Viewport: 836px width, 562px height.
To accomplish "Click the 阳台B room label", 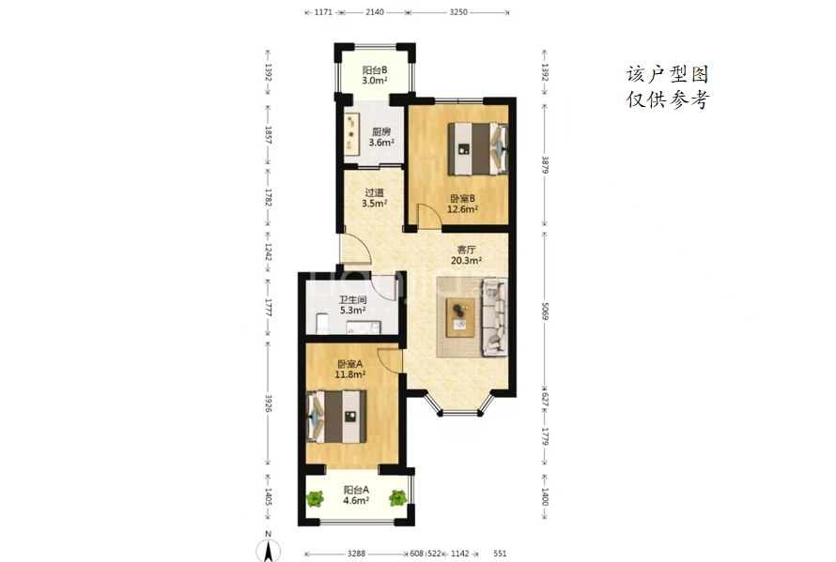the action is point(374,75).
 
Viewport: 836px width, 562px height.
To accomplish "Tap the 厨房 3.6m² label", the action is point(381,137).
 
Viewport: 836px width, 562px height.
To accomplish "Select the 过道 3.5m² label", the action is point(374,198).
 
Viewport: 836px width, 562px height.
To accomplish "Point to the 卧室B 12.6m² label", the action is point(462,204).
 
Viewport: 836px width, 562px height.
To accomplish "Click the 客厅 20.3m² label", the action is point(467,254).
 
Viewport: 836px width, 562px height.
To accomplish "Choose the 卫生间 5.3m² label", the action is point(352,305).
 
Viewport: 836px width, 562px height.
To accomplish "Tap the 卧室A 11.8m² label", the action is point(349,369).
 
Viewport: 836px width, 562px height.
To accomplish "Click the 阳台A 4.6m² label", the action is point(356,494).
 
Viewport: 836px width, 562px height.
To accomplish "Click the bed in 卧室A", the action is point(337,417).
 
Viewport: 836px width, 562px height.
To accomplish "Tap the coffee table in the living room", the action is point(460,317).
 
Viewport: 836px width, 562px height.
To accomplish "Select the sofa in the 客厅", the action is point(494,317).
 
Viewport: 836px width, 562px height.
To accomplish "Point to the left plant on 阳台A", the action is point(315,498).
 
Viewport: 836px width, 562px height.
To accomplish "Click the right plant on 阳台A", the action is point(397,498).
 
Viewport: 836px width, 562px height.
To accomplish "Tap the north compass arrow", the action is point(269,551).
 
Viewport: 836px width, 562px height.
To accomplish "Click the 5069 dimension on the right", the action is point(545,311).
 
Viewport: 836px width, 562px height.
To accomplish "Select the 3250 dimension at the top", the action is point(458,11).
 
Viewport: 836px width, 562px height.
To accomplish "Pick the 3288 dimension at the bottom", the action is point(356,554).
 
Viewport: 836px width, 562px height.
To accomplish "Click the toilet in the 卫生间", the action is point(322,324).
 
